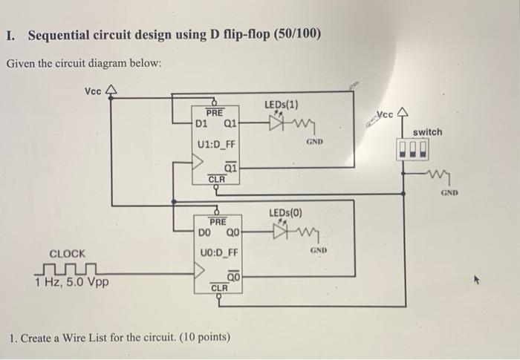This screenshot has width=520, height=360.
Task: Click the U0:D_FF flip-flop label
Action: [x=217, y=253]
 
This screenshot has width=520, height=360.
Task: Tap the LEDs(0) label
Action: [x=285, y=213]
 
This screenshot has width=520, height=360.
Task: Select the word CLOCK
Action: [x=67, y=253]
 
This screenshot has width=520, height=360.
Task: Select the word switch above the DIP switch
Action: [x=427, y=132]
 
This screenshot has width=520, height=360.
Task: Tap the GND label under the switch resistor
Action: [x=448, y=192]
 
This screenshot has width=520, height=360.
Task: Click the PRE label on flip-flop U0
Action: [x=217, y=221]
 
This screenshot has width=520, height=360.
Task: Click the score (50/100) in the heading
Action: [x=293, y=35]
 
